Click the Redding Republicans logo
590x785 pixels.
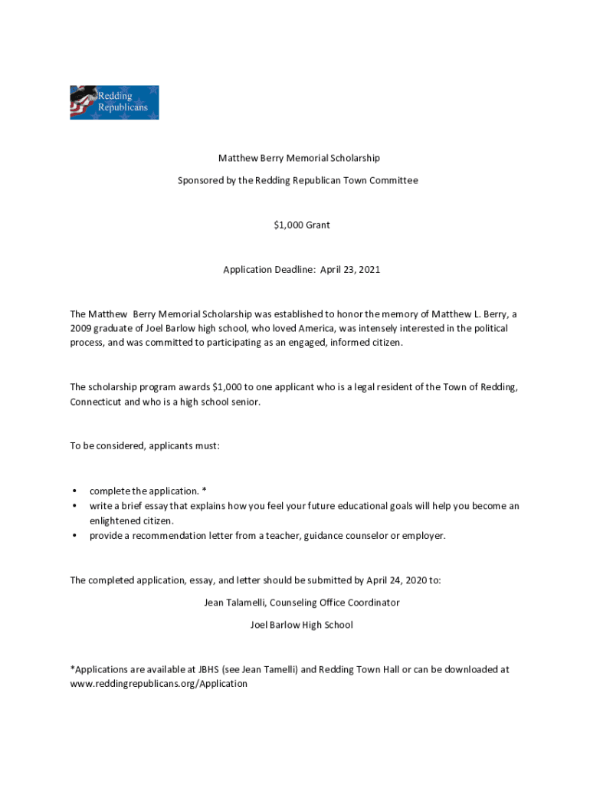114,102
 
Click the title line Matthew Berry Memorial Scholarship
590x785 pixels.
299,158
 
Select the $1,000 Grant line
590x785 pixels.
302,225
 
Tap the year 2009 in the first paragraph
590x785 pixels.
81,328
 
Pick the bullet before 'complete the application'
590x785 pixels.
74,491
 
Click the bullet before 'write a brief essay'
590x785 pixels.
74,506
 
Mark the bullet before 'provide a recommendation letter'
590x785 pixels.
74,536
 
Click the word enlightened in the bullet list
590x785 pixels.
116,521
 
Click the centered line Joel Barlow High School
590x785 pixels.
302,625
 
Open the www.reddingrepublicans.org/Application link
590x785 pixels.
159,684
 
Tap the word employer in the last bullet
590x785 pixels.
423,536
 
